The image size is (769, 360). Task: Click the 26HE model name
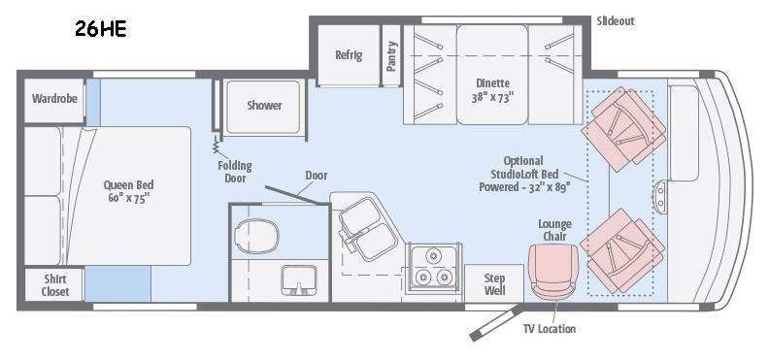coord(101,29)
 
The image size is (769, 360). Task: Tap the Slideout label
coord(616,21)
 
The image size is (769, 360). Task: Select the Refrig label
coord(349,54)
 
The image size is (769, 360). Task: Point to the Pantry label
coord(391,56)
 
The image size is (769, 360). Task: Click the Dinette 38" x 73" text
coord(492,90)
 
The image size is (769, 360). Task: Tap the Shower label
coord(264,106)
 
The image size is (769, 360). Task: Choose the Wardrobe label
coord(54,98)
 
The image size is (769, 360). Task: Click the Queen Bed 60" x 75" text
coord(128,191)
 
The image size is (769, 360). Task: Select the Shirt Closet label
coord(55,285)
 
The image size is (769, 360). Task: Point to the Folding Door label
coord(234,172)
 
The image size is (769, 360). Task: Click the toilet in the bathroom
coord(256,236)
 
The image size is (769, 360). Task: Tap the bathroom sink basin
coord(299,280)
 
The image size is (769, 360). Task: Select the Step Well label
coord(494,284)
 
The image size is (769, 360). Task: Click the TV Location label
coord(549,329)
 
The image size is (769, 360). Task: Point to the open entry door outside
coord(495,323)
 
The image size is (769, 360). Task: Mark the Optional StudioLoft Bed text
coord(524,174)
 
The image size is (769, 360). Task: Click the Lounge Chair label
coord(554,230)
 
